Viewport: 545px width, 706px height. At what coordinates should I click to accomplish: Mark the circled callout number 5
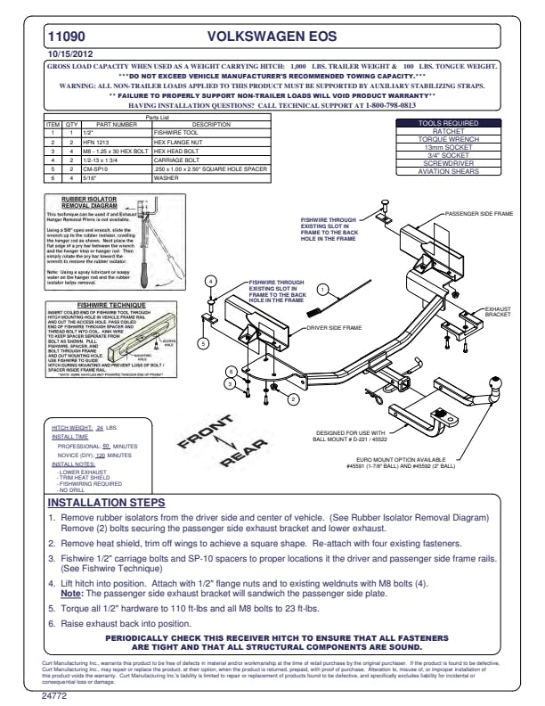point(203,343)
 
